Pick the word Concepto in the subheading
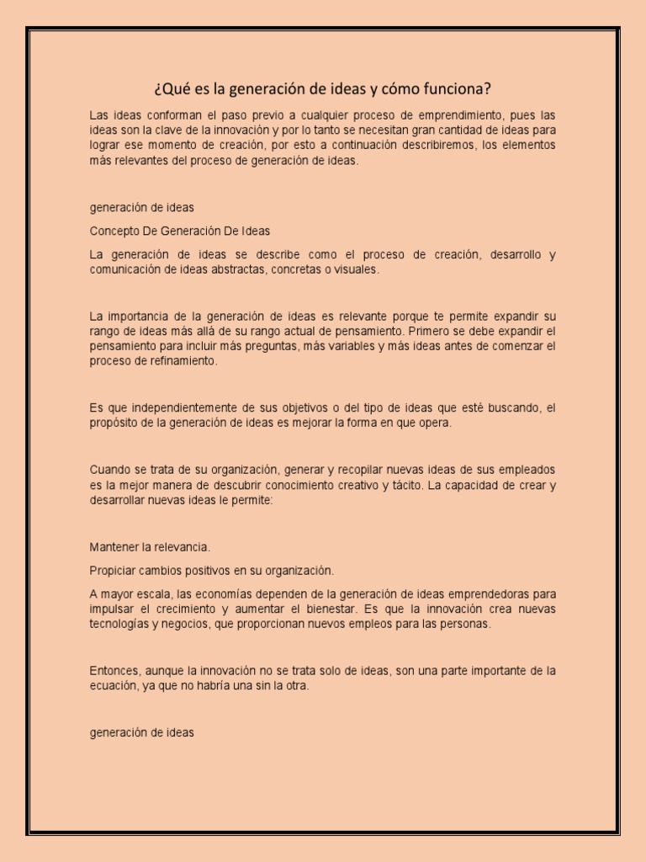(113, 230)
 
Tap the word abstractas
(238, 269)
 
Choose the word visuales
(357, 269)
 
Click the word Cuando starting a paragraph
(109, 469)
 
